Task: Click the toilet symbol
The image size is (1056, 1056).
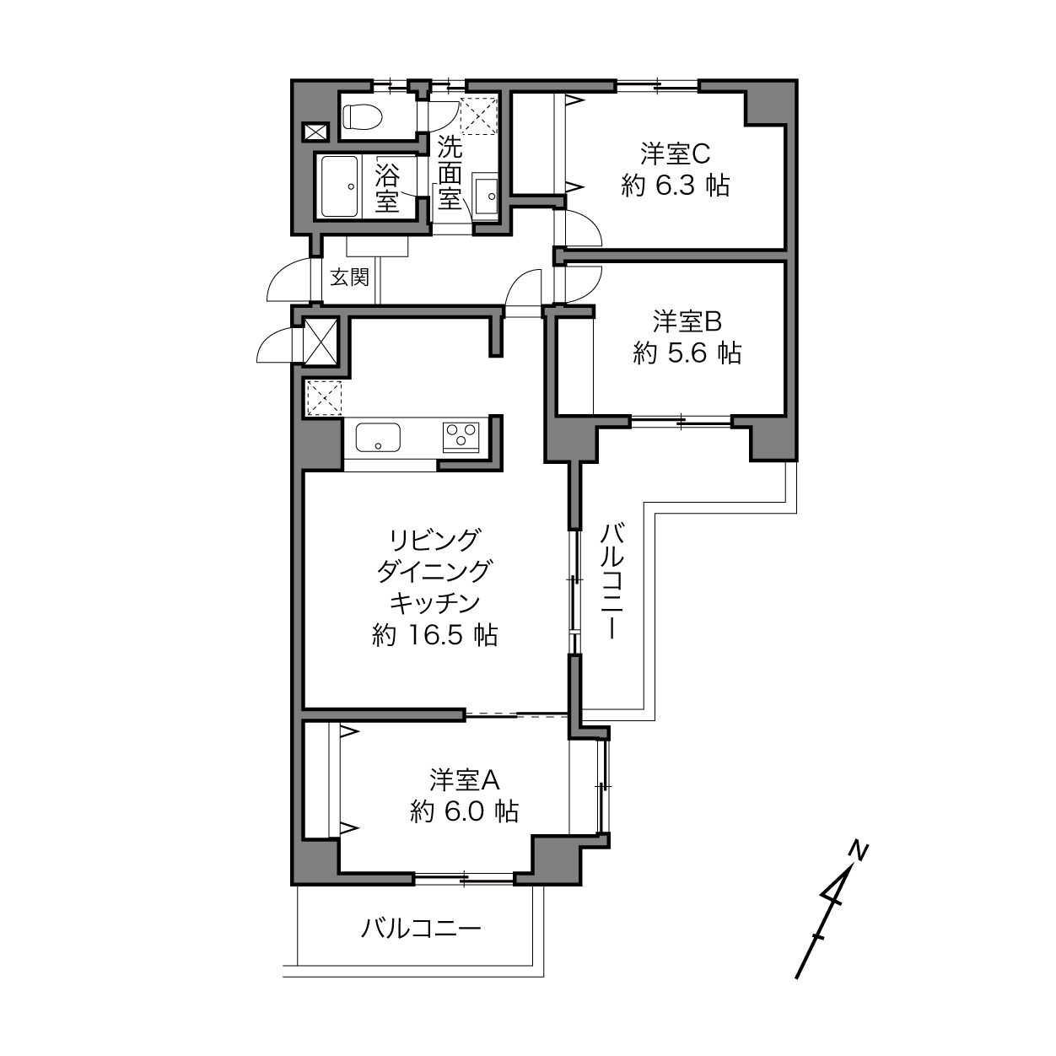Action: click(362, 116)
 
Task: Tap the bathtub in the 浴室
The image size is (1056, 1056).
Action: click(340, 186)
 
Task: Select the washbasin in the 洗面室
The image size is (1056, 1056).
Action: click(486, 196)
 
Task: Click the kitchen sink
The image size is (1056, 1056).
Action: click(378, 437)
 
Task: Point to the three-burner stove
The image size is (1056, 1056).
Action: click(461, 436)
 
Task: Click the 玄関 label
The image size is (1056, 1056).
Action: click(349, 277)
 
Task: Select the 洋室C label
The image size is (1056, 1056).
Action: click(675, 154)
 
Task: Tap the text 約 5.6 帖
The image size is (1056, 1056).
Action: click(687, 353)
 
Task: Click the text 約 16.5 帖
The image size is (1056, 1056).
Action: click(434, 636)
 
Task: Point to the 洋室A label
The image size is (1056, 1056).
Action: click(464, 780)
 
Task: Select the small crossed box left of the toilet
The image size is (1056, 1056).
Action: click(315, 132)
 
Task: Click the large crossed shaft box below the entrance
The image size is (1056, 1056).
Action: click(320, 342)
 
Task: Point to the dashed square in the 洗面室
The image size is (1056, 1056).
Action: click(478, 116)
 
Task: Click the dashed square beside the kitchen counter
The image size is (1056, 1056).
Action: click(324, 398)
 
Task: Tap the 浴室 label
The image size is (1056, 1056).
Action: click(387, 187)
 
